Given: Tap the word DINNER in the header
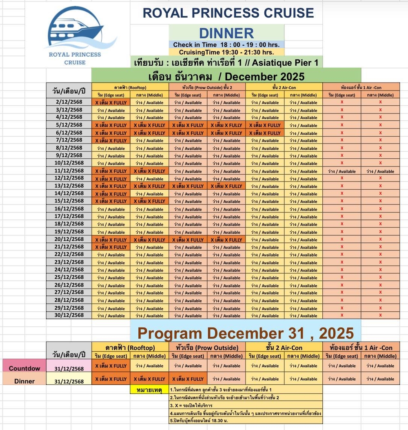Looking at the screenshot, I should click(x=226, y=33).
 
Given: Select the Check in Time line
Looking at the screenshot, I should click(x=226, y=45).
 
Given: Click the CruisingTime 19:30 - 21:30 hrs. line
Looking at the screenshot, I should click(x=226, y=52).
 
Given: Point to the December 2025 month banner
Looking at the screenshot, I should click(x=226, y=76).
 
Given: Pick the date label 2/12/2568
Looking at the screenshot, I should click(x=69, y=102).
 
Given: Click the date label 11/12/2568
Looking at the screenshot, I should click(x=69, y=171).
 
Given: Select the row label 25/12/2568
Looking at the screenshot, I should click(x=69, y=277).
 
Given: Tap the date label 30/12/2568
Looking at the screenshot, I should click(x=69, y=315).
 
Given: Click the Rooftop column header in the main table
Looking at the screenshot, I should click(x=130, y=87).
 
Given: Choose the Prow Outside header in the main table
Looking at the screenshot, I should click(x=207, y=87).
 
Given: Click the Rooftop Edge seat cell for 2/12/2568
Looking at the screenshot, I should click(x=111, y=102).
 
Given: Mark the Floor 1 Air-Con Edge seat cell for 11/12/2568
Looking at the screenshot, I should click(x=342, y=171).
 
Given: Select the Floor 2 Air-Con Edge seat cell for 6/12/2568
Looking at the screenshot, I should click(x=265, y=133).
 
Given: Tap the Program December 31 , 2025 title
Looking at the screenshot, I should click(x=246, y=333).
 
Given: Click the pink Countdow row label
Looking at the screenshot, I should click(x=24, y=368).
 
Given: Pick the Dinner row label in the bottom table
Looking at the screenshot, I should click(x=24, y=381).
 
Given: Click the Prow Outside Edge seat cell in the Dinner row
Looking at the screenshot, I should click(x=188, y=379).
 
